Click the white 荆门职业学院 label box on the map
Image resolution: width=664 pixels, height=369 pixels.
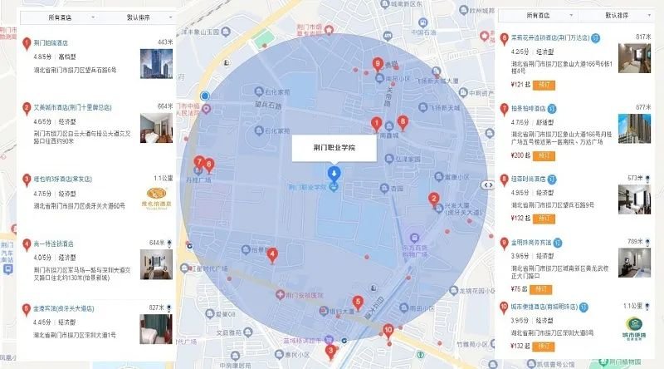point(334,147)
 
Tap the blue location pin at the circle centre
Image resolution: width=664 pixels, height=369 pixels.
point(334,175)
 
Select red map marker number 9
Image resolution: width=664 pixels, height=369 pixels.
point(378,63)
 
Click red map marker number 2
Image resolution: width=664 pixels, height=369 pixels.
point(432,199)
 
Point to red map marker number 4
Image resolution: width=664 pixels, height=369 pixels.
point(271,255)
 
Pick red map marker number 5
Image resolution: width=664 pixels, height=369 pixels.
point(358,303)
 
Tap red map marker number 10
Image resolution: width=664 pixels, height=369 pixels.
point(388,331)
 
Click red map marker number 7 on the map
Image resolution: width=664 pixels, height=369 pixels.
point(198,162)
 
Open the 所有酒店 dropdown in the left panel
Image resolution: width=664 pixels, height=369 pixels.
point(61,17)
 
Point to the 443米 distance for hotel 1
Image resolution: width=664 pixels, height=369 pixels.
point(164,42)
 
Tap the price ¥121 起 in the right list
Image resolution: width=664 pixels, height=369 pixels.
point(520,85)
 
